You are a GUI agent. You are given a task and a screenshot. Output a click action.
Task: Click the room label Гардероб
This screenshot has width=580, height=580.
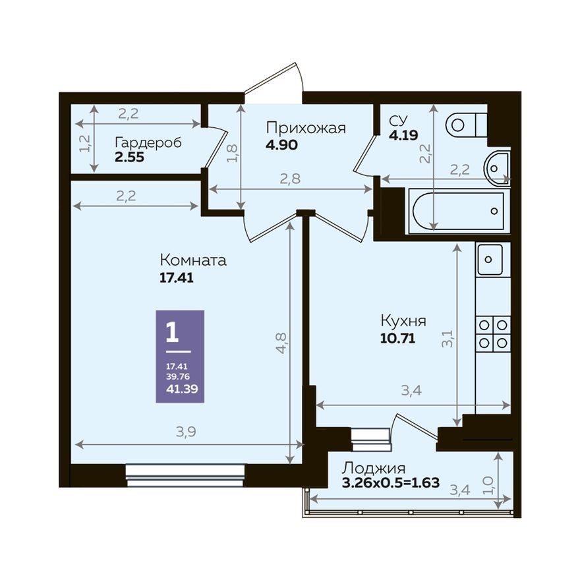148,142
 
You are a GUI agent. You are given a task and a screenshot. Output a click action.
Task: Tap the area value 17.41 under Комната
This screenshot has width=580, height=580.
175,277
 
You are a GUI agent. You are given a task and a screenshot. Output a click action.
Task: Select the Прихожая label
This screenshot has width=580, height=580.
306,128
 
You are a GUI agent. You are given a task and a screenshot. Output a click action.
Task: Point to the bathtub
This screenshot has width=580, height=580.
457,212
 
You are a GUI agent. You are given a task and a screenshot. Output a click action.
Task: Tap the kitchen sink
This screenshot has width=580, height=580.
490,259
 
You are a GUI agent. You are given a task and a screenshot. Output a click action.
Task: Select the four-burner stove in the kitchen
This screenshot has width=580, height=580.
493,333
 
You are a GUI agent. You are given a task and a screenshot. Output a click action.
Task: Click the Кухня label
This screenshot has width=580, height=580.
403,321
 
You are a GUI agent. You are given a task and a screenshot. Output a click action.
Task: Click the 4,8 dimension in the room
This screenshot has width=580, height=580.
281,343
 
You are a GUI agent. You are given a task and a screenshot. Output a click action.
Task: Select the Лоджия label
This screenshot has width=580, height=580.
372,469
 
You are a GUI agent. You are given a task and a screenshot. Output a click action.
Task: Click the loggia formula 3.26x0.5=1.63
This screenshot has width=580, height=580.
390,483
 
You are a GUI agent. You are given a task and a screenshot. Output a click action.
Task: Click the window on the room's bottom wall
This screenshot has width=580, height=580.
185,475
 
